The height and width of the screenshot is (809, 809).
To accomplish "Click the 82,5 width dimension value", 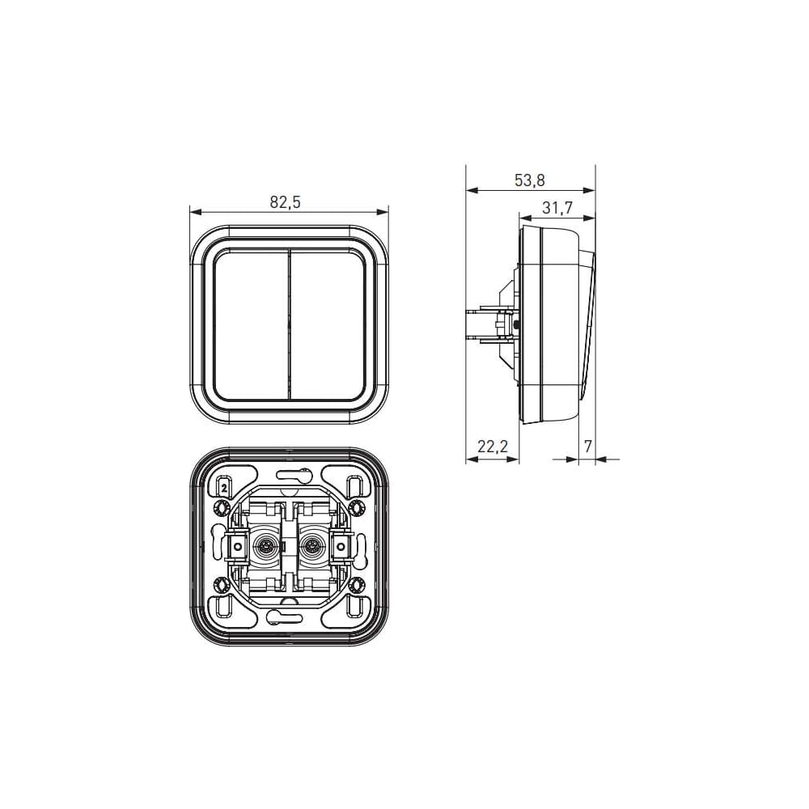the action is coord(285,202).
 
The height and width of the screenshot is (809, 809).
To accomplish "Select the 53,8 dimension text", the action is coord(529,180).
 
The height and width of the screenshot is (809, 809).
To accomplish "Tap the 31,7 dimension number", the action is coord(557,208).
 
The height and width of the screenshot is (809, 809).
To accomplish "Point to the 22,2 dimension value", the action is coord(492,447).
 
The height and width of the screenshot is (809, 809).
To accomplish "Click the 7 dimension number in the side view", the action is coord(587,447).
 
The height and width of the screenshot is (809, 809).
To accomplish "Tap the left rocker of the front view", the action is coord(251,325).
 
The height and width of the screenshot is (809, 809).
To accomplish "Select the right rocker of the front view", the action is coord(328,325).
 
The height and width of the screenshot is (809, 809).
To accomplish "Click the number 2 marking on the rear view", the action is coord(224,486).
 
